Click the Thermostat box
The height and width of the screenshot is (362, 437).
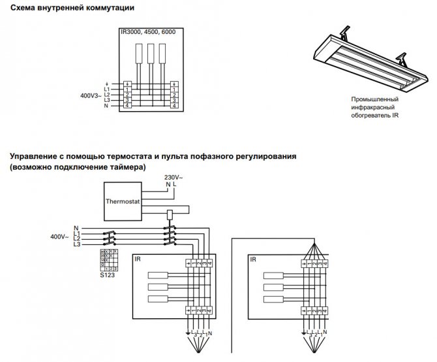click(x=124, y=201)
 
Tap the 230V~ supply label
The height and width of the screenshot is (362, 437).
click(x=173, y=177)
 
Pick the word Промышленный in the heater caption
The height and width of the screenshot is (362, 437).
click(x=374, y=100)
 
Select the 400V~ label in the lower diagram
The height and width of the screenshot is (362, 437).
click(x=60, y=235)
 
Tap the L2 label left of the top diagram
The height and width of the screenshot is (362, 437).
click(x=107, y=95)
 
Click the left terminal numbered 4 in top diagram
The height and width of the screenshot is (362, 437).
click(x=128, y=105)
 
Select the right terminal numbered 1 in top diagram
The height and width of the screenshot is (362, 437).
click(x=175, y=90)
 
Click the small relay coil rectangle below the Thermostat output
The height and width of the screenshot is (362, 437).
click(x=170, y=214)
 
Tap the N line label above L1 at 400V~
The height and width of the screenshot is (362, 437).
click(x=76, y=227)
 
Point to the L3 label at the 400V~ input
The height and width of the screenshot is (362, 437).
click(x=76, y=244)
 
